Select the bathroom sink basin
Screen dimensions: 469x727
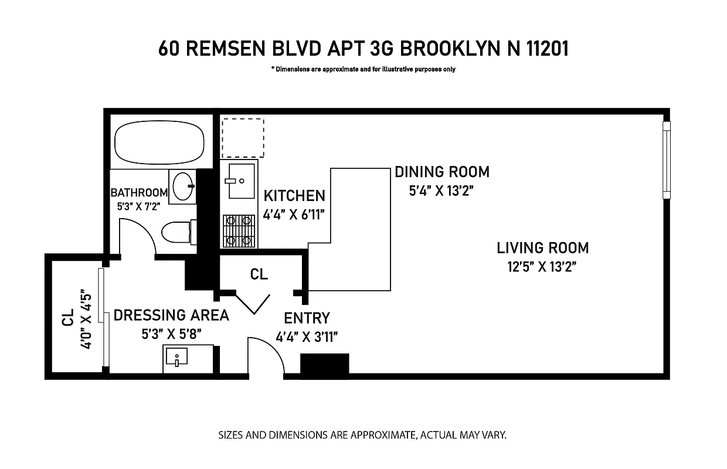coord(182,186)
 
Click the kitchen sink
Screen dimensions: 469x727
coord(239,181)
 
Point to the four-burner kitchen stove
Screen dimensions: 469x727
coord(239,230)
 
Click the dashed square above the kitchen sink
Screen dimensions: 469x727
coord(242,138)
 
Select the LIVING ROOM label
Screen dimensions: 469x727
coord(542,248)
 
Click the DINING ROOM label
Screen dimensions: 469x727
coord(441,172)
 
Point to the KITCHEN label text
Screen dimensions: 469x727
coord(294,195)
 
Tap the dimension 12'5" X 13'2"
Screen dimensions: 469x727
coord(542,267)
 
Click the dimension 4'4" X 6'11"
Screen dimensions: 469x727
coord(294,215)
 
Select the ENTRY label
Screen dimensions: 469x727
coord(307,318)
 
